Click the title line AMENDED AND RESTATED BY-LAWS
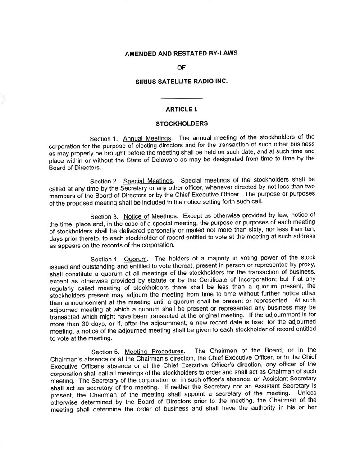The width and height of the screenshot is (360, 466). (181, 53)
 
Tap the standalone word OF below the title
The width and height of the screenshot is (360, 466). (181, 68)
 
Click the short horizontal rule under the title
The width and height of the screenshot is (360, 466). (182, 98)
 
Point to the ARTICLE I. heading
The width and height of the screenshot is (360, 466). (182, 109)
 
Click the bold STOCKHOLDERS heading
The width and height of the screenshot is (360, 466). (181, 123)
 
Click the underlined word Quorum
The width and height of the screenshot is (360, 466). (136, 259)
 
